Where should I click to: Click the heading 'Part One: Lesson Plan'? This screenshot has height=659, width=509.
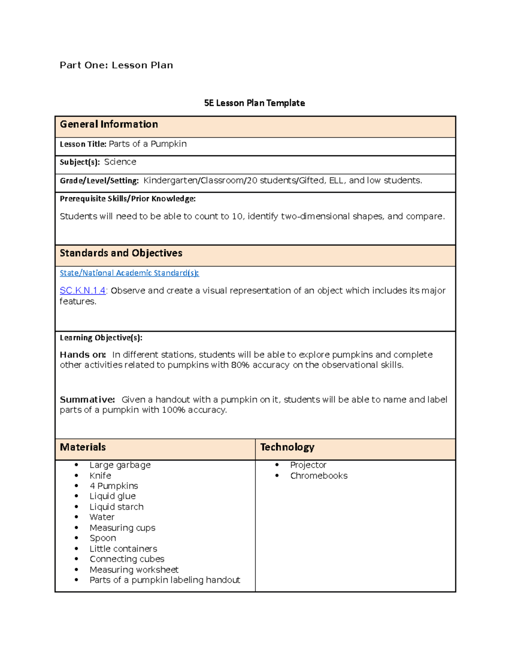pos(116,65)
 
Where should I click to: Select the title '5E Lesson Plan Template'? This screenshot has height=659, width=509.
pos(254,103)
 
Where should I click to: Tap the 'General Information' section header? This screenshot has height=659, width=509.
pos(109,124)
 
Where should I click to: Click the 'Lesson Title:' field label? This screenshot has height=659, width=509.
pos(83,144)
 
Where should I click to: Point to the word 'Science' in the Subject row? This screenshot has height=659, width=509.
pos(120,162)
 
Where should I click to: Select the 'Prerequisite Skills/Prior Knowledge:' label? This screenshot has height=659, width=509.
pos(128,199)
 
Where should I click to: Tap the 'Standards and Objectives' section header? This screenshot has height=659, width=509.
pos(121,253)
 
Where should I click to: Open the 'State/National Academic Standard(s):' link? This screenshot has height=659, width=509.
pos(129,273)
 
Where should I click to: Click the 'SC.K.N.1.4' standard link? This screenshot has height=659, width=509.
pos(83,291)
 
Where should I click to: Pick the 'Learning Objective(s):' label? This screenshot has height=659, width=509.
pos(101,338)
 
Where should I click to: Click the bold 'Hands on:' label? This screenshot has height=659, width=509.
pos(83,355)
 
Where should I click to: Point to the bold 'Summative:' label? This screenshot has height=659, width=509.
pos(87,400)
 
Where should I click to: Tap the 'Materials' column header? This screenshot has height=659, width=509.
pos(83,447)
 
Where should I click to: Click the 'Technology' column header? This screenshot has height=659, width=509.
pos(287,447)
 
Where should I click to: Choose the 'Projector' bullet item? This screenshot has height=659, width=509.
pos(308,465)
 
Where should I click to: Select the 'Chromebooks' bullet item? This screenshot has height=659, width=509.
pos(319,476)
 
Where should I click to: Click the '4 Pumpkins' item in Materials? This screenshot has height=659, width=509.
pos(114,486)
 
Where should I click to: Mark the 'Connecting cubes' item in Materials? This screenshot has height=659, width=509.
pos(127,559)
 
